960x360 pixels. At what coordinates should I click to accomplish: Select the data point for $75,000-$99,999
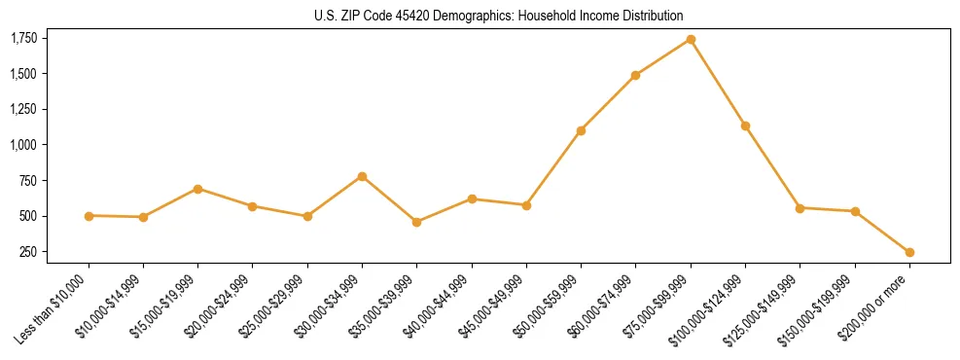pos(691,39)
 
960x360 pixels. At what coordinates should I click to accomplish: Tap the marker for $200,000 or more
pos(909,252)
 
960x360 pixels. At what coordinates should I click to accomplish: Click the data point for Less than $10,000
pos(89,216)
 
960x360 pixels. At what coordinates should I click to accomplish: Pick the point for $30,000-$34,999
pos(362,176)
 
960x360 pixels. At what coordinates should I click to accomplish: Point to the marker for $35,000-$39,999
pos(416,222)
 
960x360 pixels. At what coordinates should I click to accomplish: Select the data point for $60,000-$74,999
pos(635,75)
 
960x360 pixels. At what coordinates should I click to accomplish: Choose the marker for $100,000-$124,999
pos(745,126)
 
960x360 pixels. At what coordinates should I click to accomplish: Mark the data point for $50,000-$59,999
pos(581,130)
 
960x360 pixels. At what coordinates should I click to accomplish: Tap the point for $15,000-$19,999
pos(197,189)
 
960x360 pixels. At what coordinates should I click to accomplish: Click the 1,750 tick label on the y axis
pos(23,38)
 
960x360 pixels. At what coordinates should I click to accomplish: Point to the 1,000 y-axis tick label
pos(23,145)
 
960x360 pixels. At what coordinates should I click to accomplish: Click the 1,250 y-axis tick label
pos(23,109)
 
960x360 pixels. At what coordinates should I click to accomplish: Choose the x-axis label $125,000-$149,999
pos(764,307)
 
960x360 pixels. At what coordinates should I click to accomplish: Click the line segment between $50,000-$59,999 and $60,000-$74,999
pos(608,102)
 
